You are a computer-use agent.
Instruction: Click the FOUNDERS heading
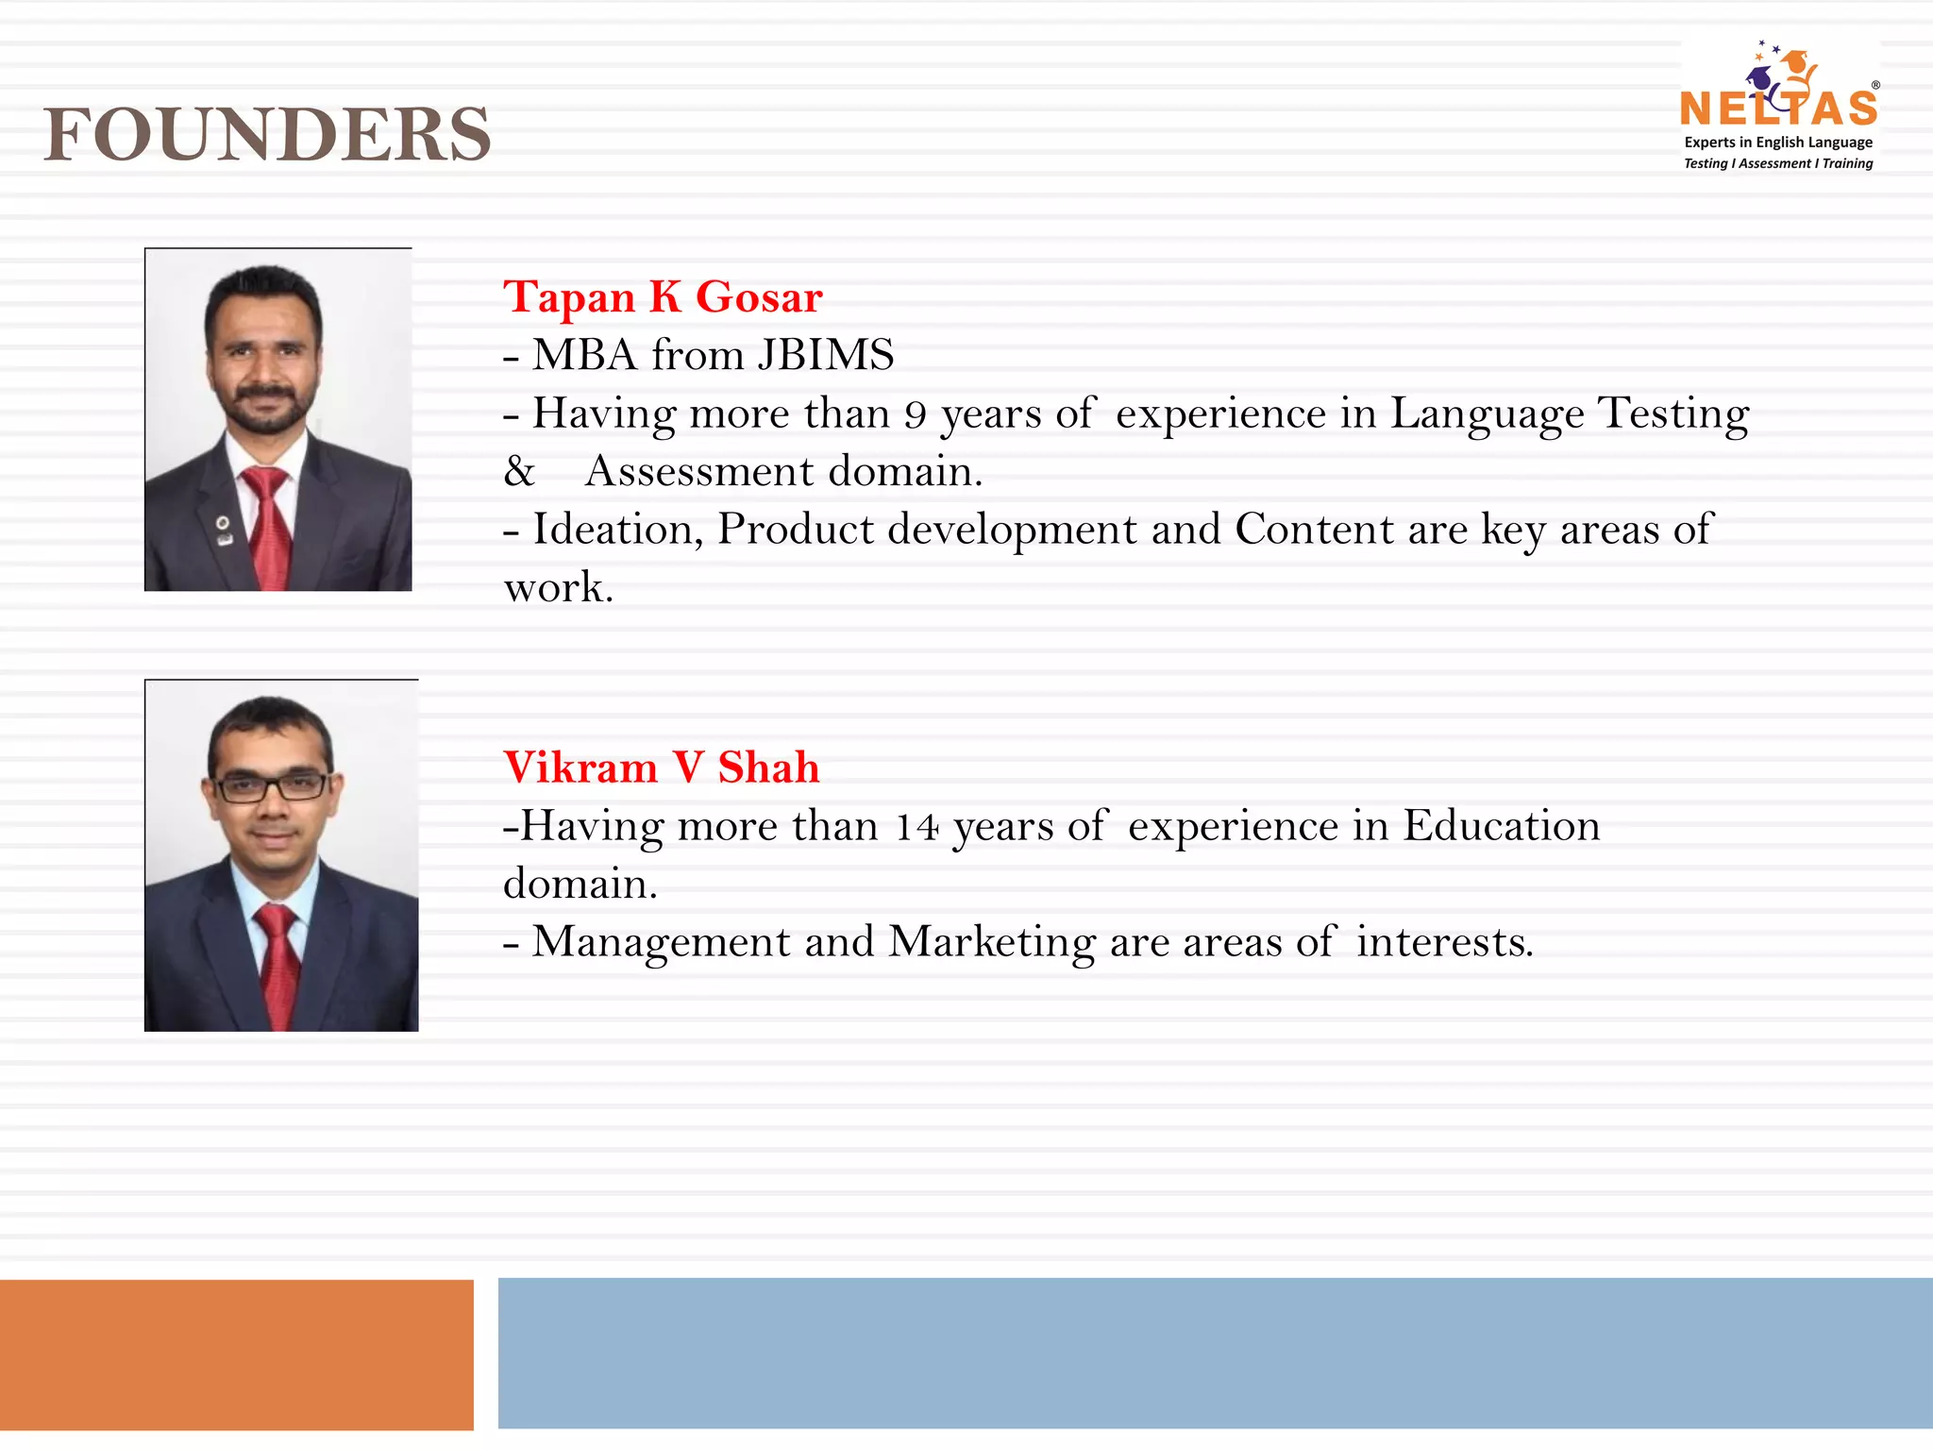(267, 135)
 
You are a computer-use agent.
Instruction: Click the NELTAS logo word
(1778, 110)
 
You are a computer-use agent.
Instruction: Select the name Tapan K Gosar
(663, 297)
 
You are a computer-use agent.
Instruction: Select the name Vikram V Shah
(661, 767)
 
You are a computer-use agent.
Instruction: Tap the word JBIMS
(826, 356)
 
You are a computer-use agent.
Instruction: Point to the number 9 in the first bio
(915, 415)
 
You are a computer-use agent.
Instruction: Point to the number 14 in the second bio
(916, 828)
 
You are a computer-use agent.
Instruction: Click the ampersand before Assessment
(519, 471)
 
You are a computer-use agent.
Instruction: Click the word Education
(1502, 826)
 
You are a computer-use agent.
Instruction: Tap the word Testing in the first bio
(1672, 413)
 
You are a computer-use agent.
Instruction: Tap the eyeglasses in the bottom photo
(272, 785)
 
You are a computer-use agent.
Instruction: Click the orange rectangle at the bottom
(236, 1355)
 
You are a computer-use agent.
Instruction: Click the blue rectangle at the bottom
(1215, 1353)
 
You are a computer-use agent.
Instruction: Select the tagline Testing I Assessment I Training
(1778, 163)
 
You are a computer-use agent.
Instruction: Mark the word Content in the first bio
(1314, 530)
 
